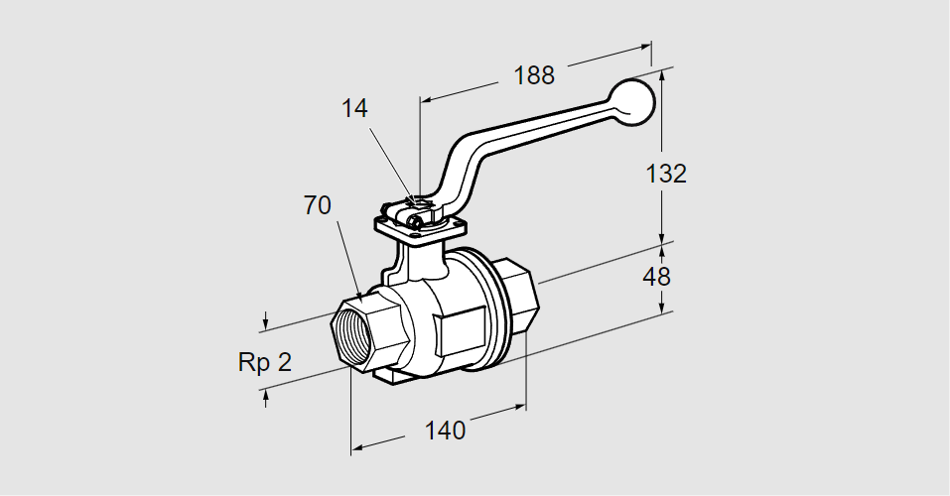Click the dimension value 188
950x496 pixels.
point(533,75)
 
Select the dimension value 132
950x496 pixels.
point(665,174)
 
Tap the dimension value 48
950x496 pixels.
point(657,277)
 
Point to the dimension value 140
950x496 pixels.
point(445,431)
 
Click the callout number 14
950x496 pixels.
point(354,109)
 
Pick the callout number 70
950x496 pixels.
point(318,205)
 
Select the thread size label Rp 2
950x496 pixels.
point(265,362)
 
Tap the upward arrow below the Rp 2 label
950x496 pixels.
point(266,396)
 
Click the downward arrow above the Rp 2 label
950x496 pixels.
point(266,322)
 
